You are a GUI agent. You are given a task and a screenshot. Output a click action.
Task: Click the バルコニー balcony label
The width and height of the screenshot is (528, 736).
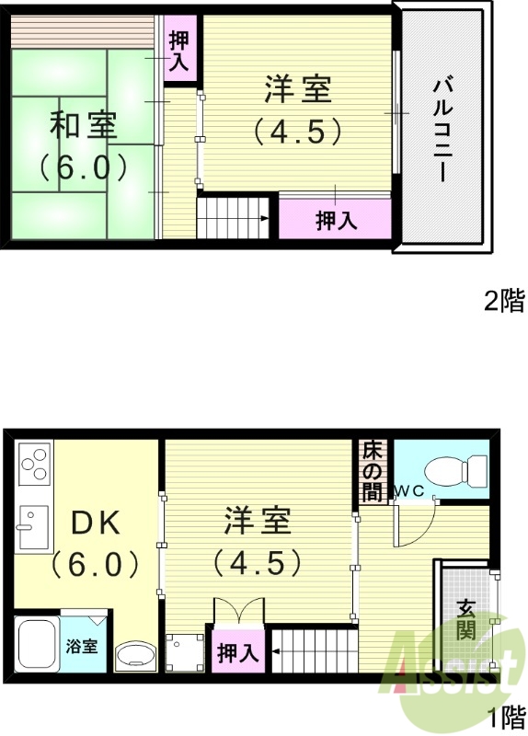point(440,130)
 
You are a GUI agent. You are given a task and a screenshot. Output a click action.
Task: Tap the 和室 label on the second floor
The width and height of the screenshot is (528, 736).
point(83,125)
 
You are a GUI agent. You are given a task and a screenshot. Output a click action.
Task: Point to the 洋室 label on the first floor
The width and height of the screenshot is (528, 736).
point(258,522)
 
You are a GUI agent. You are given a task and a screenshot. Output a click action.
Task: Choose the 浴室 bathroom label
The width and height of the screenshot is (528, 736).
point(81,646)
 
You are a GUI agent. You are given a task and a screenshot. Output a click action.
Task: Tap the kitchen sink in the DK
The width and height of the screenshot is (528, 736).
point(33,530)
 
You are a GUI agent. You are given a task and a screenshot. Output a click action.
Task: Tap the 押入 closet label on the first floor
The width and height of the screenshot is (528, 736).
point(237,653)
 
